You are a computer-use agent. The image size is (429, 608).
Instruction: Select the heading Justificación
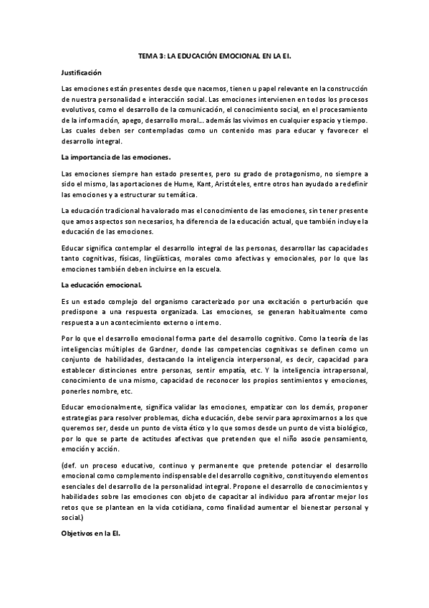point(82,72)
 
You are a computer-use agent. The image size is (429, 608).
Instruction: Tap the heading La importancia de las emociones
point(115,156)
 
